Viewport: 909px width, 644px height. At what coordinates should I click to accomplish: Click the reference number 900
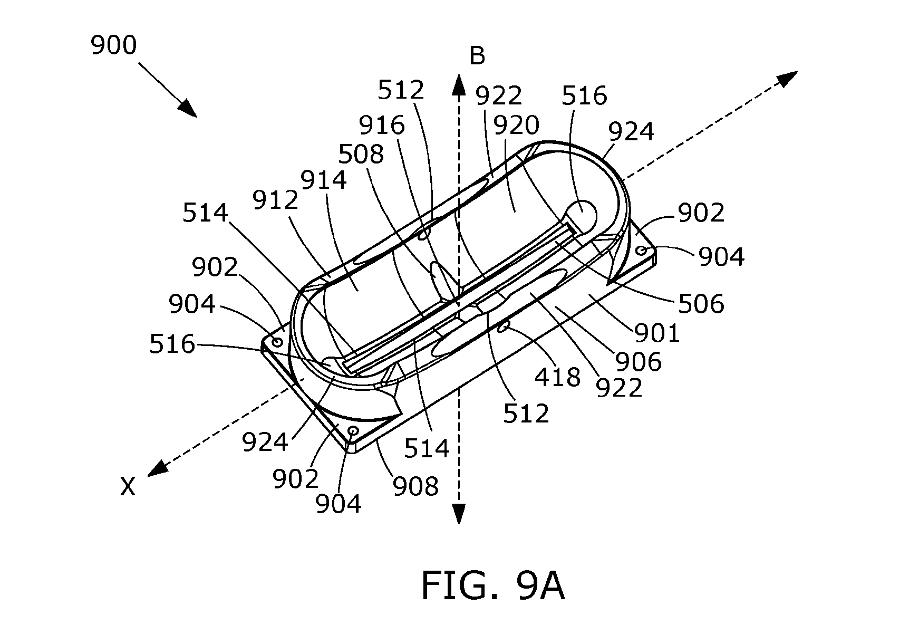[x=113, y=45]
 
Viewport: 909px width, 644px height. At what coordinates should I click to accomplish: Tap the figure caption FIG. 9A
[x=493, y=587]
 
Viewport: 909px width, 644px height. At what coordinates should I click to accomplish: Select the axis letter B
[x=477, y=56]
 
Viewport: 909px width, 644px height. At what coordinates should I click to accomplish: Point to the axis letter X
[x=128, y=486]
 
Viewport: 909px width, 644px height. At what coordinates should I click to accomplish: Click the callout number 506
[x=701, y=304]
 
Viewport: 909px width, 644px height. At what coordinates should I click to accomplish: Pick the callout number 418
[x=557, y=377]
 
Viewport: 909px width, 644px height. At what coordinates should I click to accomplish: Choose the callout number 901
[x=657, y=333]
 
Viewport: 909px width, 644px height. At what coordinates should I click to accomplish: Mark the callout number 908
[x=415, y=486]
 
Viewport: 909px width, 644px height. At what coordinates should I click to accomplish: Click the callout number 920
[x=516, y=126]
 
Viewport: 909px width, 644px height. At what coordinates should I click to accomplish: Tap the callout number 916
[x=382, y=126]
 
